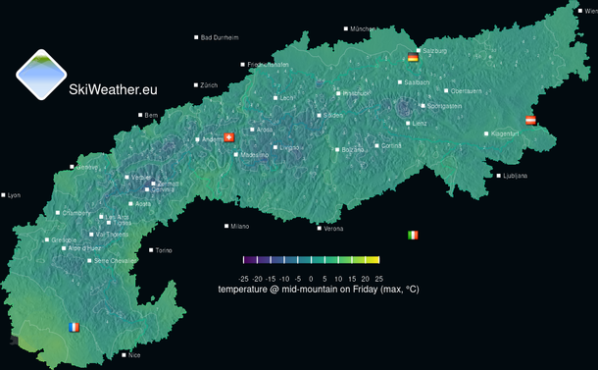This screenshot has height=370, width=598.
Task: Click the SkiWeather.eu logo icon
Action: pos(41,75)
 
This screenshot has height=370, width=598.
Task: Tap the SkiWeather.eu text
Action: pos(113,89)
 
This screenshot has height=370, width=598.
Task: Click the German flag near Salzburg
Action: pos(413,58)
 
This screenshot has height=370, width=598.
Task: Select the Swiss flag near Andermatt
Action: pos(229,137)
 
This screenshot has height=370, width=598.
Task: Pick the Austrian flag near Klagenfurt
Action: pos(530,120)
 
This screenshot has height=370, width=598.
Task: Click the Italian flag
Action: pos(413,236)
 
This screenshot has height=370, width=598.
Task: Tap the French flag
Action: pos(74,327)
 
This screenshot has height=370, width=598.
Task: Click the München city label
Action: pos(362,29)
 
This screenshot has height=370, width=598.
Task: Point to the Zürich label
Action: pos(208,85)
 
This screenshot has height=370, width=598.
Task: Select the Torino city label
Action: pos(162,250)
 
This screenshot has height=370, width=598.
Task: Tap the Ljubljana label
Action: pos(514,176)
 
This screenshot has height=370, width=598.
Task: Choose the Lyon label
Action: pos(13,195)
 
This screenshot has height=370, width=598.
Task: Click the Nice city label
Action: pos(133,355)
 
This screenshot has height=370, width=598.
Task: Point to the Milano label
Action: pos(238,226)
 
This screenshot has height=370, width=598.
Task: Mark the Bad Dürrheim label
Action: pos(219,37)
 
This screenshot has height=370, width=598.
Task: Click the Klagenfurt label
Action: pos(503,133)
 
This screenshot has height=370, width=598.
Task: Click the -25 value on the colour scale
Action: pos(244,279)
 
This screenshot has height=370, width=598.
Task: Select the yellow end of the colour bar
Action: pos(374,260)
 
